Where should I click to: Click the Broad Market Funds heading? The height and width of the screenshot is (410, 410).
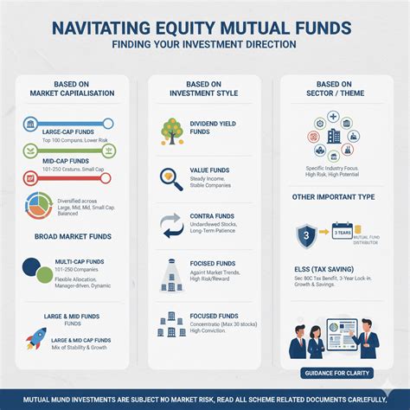pos(72,235)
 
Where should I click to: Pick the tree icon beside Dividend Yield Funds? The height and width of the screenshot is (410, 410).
pos(171,131)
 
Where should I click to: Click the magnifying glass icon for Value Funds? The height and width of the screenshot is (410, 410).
pos(170,178)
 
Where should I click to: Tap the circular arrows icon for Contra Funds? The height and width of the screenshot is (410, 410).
pos(170,225)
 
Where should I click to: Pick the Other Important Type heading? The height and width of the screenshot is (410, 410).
pos(333,197)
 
